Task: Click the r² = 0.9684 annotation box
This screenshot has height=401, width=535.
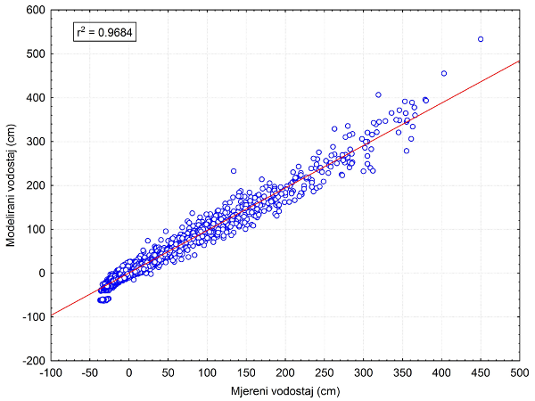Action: [x=103, y=34]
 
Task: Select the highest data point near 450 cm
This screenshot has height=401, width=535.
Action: [x=481, y=39]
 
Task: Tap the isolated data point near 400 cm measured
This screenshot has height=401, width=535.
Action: [x=444, y=73]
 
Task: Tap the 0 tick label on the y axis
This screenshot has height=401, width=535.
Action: [x=41, y=273]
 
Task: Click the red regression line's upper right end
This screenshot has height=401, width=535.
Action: [x=517, y=62]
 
